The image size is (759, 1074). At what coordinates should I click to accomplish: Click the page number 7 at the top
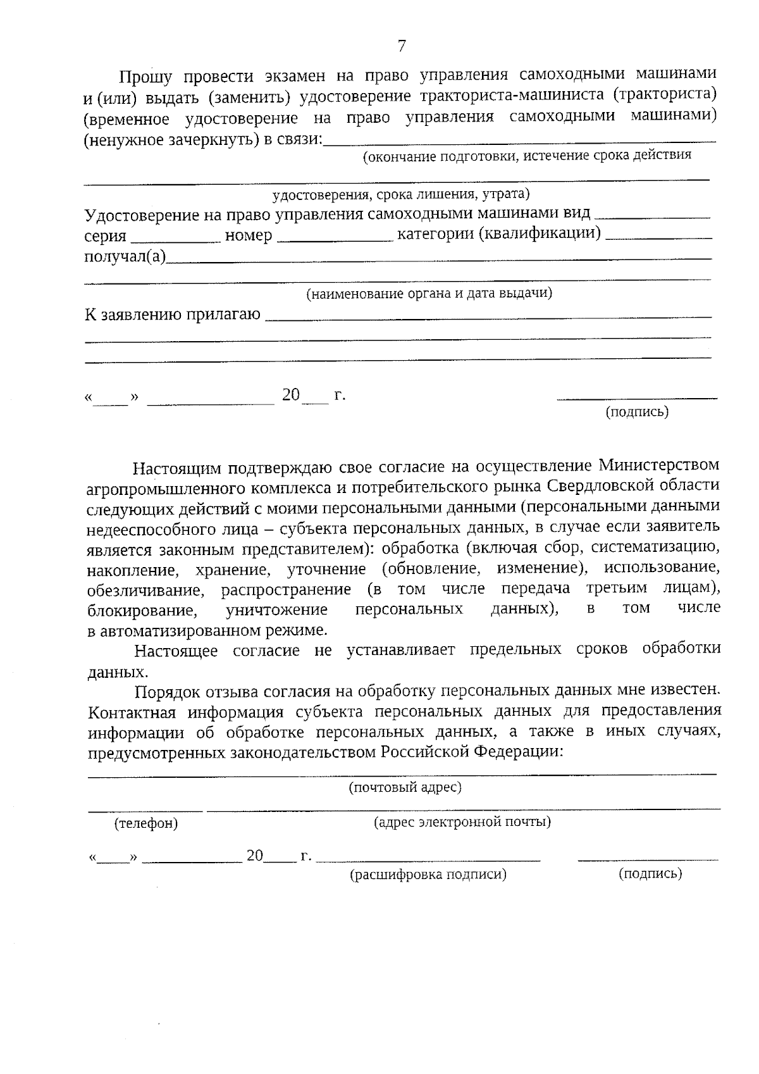pos(401,46)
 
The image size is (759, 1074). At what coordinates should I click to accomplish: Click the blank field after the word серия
pos(175,239)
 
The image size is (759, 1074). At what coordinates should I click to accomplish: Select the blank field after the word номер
pos(335,239)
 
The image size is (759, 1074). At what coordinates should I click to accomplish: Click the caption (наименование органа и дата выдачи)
pos(429,294)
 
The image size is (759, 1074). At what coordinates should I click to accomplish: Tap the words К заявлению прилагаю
pos(173,315)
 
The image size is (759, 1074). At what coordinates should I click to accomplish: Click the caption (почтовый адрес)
pos(405,787)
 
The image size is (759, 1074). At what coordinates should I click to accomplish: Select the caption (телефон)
pos(146,823)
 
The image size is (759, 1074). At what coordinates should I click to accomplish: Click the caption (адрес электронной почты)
pos(462,822)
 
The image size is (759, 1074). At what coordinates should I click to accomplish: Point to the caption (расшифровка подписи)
pos(428,875)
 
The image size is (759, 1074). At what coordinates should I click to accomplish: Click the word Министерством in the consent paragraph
pos(658,465)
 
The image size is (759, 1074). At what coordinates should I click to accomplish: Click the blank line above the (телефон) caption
pos(145,809)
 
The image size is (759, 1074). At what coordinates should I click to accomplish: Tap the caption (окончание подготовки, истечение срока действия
pos(526,155)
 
